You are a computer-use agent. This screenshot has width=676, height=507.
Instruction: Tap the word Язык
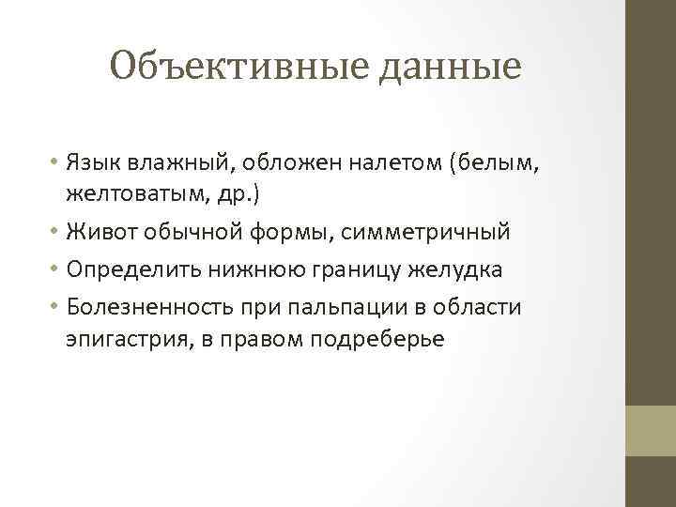(x=91, y=162)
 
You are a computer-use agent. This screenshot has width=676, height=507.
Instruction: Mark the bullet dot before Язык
(x=57, y=163)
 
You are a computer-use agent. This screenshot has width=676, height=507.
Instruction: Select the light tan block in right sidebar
(x=651, y=430)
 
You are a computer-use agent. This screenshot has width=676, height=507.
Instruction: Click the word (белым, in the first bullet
(x=509, y=162)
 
